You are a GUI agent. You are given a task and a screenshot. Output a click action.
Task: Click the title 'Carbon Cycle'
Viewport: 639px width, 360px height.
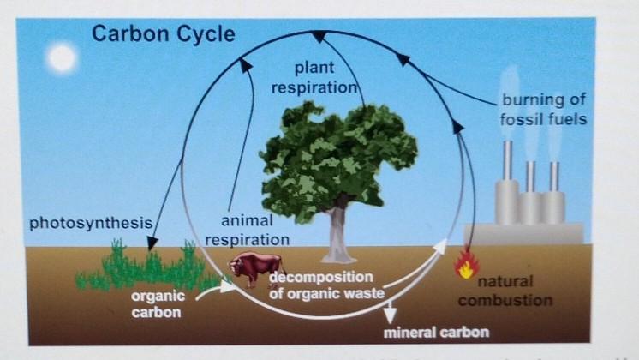coord(163,34)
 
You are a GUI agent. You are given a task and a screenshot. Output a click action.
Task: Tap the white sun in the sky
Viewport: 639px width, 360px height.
coord(62,58)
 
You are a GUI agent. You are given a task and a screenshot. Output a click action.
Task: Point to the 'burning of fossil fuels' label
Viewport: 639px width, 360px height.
coord(544,108)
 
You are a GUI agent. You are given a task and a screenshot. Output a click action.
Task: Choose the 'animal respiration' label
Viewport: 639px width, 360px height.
coord(248,231)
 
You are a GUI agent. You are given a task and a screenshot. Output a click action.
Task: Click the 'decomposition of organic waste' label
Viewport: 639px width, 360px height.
coord(321,285)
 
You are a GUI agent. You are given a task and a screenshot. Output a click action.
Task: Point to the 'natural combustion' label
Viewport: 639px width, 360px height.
coord(505,291)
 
